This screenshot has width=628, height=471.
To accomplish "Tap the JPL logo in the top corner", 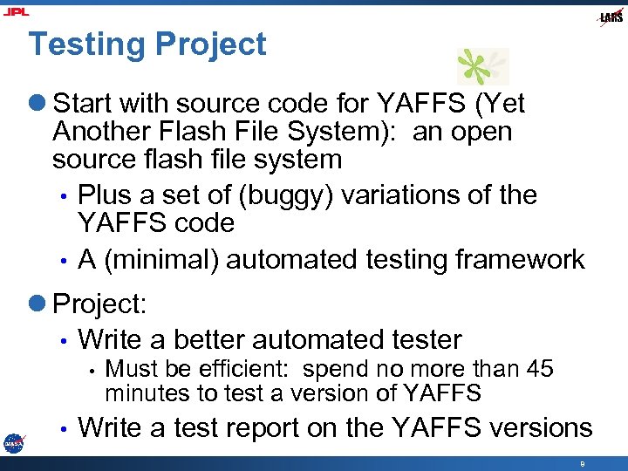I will point(16,11).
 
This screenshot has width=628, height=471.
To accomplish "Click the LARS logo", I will point(611,17).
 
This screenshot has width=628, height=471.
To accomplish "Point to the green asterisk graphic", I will point(482,66).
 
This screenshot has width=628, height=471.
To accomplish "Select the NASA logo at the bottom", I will point(13,442).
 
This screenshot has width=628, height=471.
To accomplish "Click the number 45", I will point(540,369).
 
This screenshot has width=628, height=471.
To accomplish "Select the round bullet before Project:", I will point(40,304).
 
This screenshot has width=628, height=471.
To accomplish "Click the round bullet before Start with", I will point(40,105).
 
